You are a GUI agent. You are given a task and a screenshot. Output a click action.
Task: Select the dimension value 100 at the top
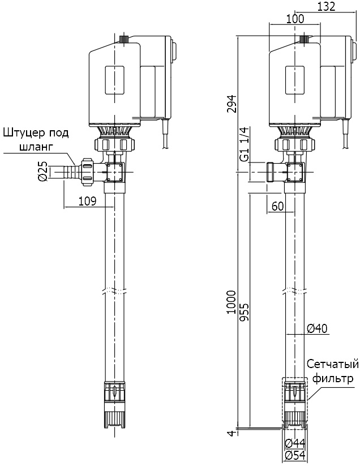pos(295,18)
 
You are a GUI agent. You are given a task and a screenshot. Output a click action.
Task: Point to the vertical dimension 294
pos(232,103)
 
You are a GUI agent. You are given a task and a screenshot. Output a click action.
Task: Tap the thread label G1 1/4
pos(244,144)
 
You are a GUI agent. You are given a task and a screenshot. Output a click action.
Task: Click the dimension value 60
pos(277,206)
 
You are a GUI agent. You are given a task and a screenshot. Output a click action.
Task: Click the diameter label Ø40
pos(317,328)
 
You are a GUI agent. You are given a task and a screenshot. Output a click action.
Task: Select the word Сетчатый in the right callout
pos(333,364)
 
